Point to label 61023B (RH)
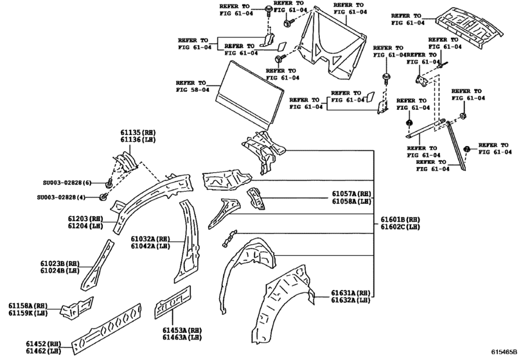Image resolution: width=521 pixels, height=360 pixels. pos(62,263)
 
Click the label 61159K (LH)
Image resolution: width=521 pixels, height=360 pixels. pos(28,313)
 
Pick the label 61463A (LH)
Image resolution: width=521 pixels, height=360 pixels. pos(182,337)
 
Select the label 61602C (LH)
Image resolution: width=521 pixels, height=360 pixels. pos(400,226)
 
